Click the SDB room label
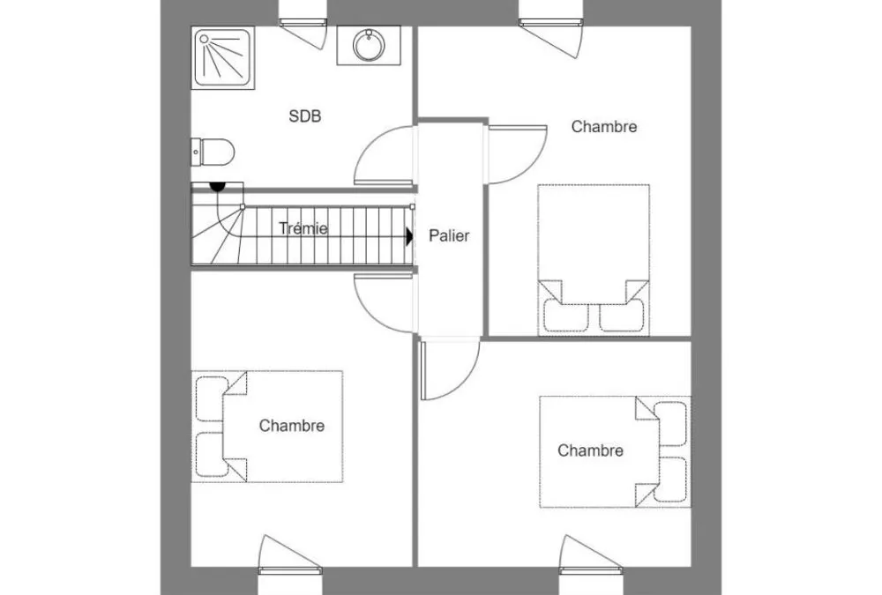click(305, 115)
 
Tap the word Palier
click(449, 235)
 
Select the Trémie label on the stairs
click(303, 228)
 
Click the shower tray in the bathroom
click(223, 58)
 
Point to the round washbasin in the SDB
click(369, 44)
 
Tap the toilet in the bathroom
click(212, 152)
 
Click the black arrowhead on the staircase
click(409, 236)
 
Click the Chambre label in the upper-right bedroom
click(604, 127)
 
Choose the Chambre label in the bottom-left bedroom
click(291, 426)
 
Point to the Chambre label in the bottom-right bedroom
click(590, 450)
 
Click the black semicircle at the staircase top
click(217, 186)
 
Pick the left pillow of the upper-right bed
click(566, 316)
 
